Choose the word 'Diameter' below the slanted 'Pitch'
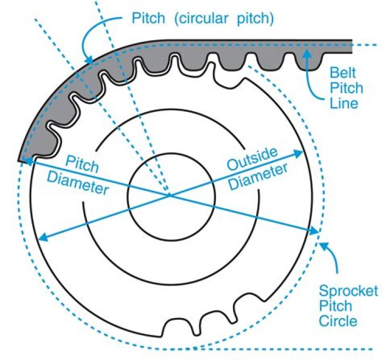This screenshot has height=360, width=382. [x=77, y=183]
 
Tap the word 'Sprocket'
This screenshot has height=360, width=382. [x=348, y=291]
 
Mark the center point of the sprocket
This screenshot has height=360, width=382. [x=170, y=195]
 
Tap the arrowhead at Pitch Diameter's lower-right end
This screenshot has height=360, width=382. [x=316, y=232]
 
